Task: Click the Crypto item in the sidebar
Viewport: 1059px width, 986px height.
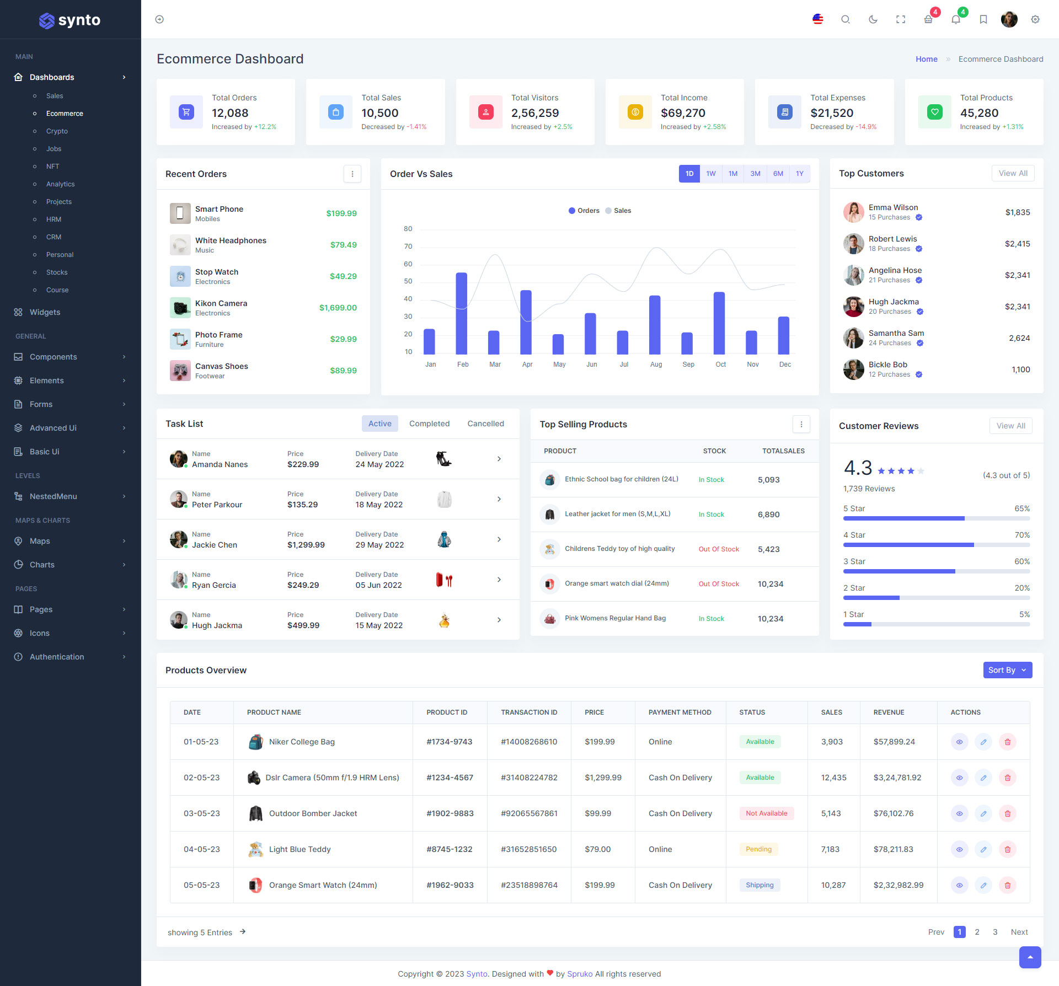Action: click(x=57, y=131)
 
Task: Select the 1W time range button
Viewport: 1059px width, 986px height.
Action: click(x=711, y=174)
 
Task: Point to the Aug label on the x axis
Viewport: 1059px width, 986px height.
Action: click(x=656, y=365)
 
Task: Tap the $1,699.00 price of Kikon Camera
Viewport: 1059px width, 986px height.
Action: click(x=338, y=308)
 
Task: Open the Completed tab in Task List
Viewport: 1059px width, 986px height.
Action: click(x=429, y=424)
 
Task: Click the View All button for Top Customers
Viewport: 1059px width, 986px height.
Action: click(x=1013, y=173)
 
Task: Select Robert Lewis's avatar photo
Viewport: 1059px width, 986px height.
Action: click(x=853, y=244)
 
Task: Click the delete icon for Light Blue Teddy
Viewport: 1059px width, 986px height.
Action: click(x=1007, y=849)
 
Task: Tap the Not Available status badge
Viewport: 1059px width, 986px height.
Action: click(x=766, y=813)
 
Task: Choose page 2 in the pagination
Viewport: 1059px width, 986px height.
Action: click(x=977, y=932)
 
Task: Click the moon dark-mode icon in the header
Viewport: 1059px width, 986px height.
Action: click(x=873, y=19)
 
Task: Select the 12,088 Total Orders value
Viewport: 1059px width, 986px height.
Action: click(x=230, y=113)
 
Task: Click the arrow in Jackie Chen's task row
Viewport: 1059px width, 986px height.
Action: click(x=499, y=539)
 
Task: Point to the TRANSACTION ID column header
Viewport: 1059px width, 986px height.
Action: click(x=529, y=712)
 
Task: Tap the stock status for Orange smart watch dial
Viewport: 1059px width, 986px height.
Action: click(x=719, y=584)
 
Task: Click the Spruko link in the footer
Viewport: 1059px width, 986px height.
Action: click(x=580, y=974)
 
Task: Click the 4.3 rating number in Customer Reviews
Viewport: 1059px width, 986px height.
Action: click(x=858, y=468)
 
